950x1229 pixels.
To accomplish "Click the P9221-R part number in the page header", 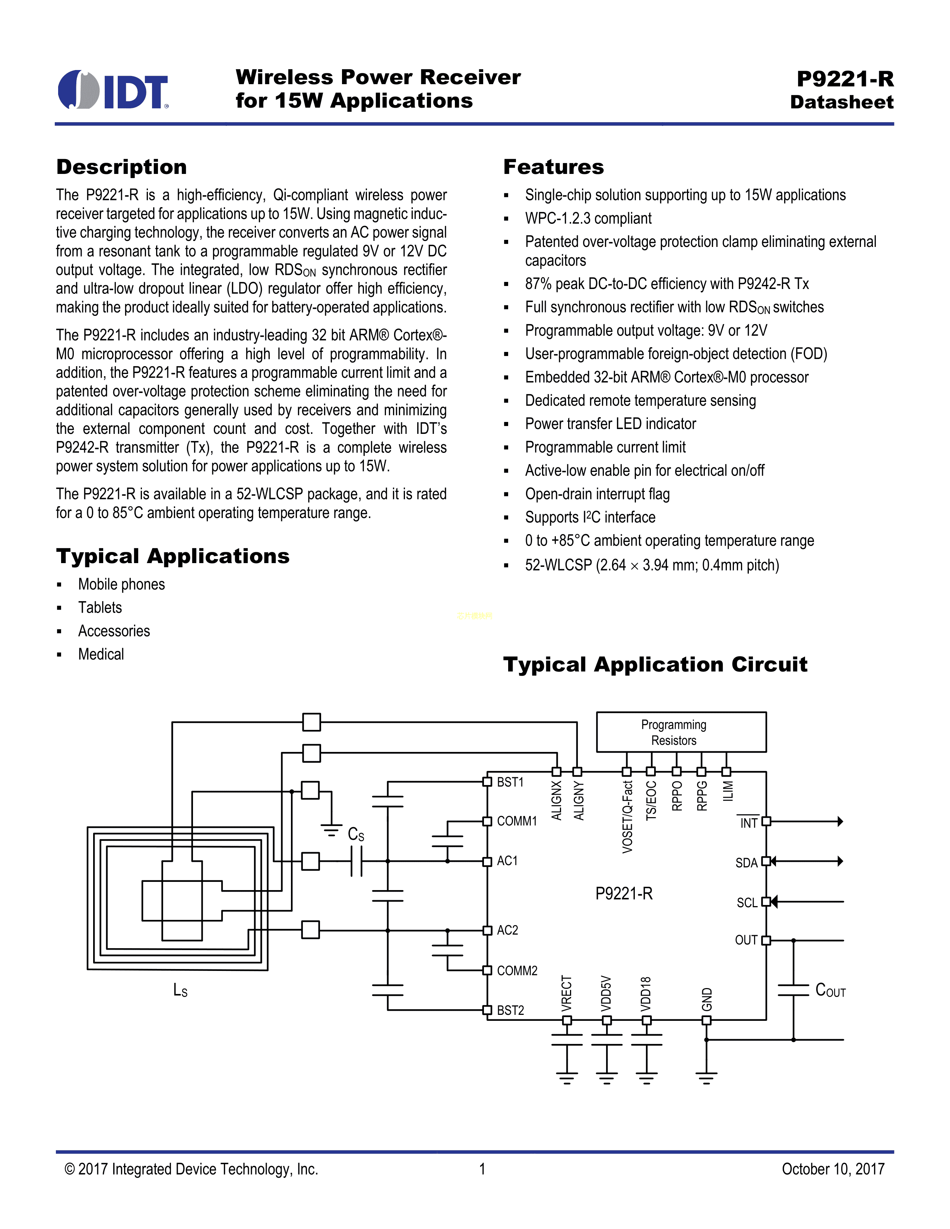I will pos(845,79).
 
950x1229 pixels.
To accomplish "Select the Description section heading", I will pos(121,167).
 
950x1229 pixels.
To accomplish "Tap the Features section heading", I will pos(553,167).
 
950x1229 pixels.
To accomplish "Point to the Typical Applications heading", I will pos(173,556).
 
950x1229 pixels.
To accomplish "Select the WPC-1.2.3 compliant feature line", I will pos(588,218).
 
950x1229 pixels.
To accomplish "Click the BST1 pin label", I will pos(510,782).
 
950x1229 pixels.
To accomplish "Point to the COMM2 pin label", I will pos(517,971).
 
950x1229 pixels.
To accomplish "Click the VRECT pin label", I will pos(567,993).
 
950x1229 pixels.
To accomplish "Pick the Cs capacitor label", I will pos(356,834).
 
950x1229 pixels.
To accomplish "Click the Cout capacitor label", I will pos(830,990).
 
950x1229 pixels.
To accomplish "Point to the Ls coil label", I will pos(180,990).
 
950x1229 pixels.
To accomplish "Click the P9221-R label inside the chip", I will pos(624,893).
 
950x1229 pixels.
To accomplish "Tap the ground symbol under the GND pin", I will pos(706,1078).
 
